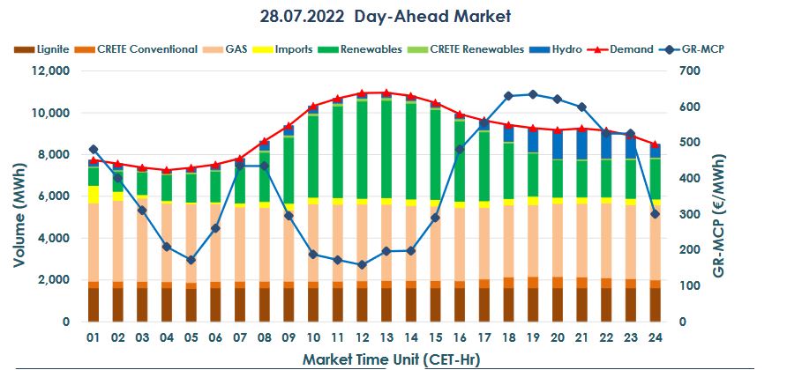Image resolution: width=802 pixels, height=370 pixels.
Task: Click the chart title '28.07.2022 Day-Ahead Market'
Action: pos(386,17)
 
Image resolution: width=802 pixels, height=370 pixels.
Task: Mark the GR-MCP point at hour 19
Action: pos(533,94)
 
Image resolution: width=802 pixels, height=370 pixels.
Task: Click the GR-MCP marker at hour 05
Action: pos(191,260)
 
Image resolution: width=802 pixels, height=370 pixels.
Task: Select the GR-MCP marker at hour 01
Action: pos(94,150)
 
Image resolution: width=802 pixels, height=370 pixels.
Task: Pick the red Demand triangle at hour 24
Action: pos(654,144)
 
